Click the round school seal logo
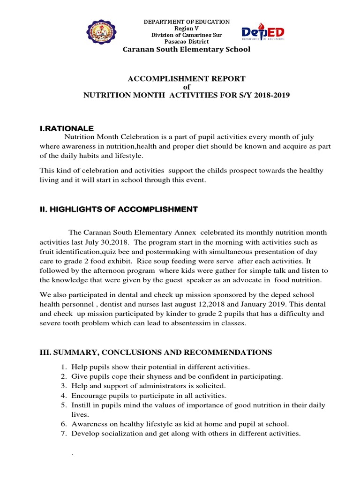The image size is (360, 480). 101,33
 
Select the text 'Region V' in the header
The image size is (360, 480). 187,29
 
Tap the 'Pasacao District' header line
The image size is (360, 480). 187,42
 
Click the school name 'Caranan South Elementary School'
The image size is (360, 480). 187,50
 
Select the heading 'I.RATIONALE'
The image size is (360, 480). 67,128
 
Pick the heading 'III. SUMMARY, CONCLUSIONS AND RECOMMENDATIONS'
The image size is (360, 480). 155,352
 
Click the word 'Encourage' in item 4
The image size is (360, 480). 87,395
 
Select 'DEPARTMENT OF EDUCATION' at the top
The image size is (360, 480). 187,22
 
